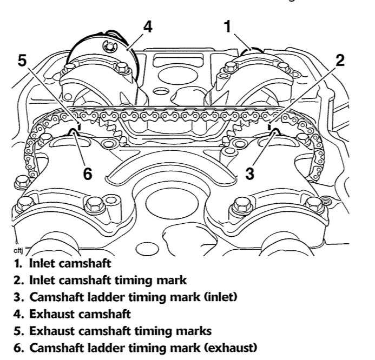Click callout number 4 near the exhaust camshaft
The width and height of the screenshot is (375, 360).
(148, 26)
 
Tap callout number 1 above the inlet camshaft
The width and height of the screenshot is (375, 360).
(228, 26)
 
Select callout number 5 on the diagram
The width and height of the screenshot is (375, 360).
(22, 61)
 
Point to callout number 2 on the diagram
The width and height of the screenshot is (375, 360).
(340, 60)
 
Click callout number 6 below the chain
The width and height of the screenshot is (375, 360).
(88, 174)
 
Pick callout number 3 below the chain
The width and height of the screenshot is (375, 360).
(249, 174)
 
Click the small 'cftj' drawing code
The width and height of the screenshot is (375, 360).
(18, 251)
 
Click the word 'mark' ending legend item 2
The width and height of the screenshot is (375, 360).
(172, 280)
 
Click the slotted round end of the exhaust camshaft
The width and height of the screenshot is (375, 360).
(109, 46)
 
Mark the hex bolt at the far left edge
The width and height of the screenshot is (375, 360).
(23, 183)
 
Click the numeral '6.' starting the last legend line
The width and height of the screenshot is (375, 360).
(18, 348)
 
